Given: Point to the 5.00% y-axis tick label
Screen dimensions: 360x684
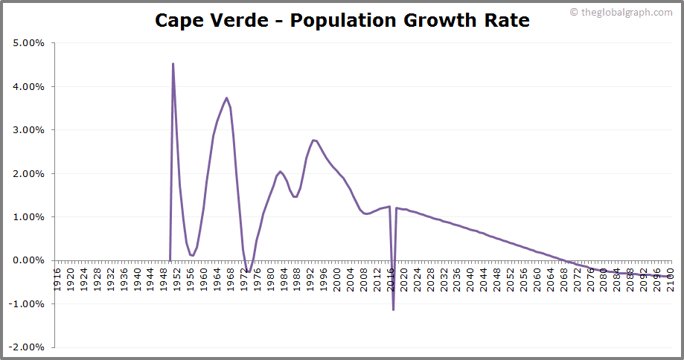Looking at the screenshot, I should tap(29, 43).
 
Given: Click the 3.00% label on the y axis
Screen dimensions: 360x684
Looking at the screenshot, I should tap(29, 130).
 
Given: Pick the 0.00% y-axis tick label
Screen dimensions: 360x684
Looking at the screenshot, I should tap(29, 260).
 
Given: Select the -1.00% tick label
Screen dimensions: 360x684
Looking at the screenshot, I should tap(28, 304).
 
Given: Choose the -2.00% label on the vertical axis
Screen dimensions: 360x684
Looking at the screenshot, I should tap(28, 347).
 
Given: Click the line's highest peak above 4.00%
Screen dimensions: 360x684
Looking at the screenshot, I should tap(173, 64).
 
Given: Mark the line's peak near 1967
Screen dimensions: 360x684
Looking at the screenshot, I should tap(226, 98).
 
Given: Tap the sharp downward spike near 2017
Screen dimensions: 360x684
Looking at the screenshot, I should tap(393, 309).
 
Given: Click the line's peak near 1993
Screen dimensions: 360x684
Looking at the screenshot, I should tap(313, 140).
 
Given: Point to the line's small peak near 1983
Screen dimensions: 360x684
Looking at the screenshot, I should tap(280, 171).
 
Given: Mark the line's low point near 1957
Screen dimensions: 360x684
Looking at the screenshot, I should tap(193, 256).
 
